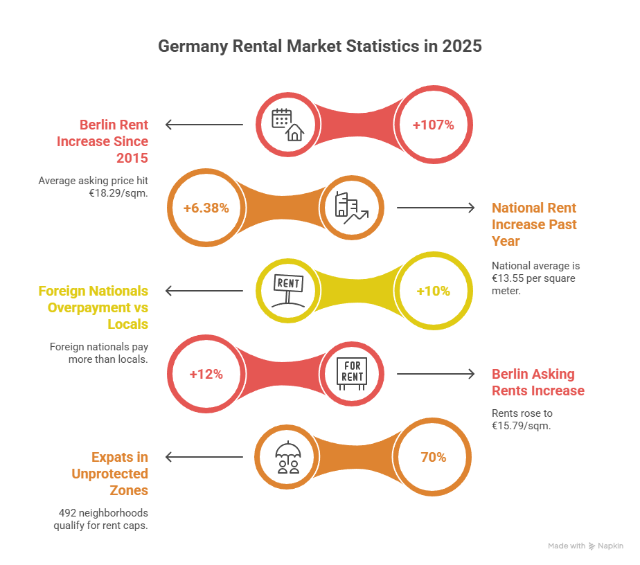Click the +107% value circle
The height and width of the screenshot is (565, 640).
tap(433, 125)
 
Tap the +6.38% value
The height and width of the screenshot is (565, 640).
tap(206, 208)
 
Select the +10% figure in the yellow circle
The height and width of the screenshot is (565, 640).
tap(433, 292)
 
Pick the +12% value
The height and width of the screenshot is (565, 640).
tap(206, 374)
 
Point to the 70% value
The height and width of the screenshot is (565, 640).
tap(433, 458)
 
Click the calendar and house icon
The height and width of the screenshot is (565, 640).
tap(287, 125)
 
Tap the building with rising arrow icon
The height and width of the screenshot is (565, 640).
tap(351, 208)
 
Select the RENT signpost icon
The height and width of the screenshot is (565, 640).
tap(288, 291)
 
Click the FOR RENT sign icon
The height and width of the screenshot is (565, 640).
tap(351, 374)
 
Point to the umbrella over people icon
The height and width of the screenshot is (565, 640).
tap(287, 458)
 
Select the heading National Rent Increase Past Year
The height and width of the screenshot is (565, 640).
tap(534, 224)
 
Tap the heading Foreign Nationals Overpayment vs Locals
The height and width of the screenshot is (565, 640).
tap(94, 307)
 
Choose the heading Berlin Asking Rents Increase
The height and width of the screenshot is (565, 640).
tap(538, 382)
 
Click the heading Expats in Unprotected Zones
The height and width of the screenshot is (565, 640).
tap(110, 474)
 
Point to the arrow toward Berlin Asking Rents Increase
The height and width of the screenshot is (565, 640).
tap(435, 374)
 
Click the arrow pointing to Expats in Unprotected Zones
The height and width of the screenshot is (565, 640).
tap(204, 457)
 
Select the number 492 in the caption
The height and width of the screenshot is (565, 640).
tap(67, 513)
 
